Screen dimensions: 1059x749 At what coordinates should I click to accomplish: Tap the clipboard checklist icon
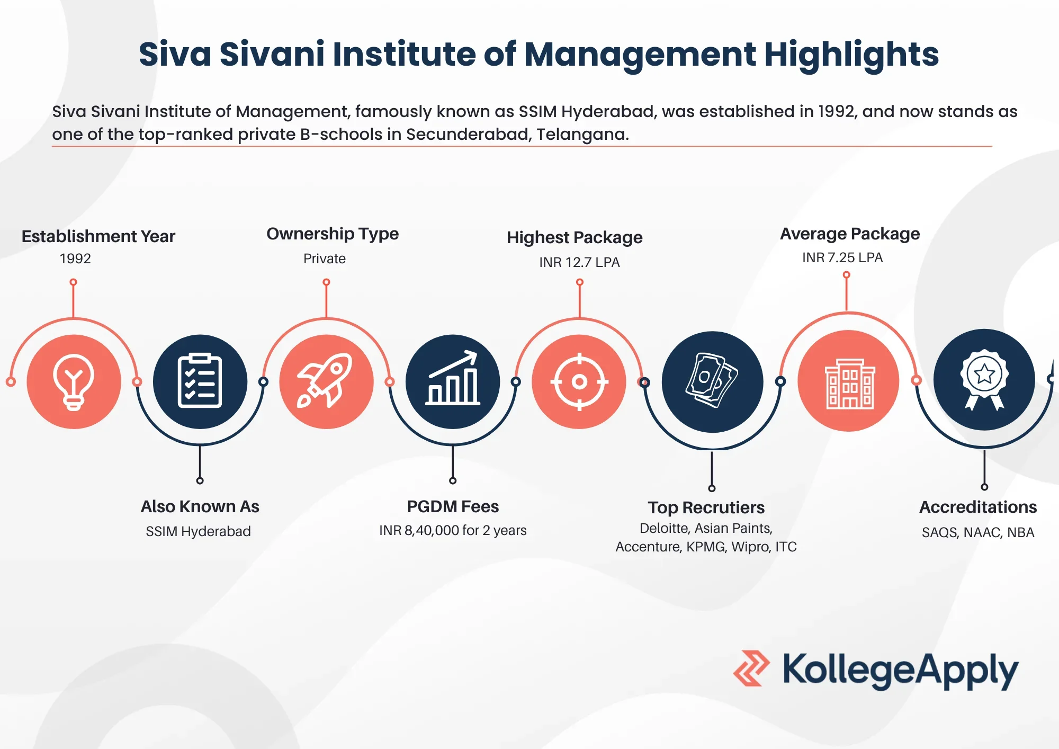[200, 380]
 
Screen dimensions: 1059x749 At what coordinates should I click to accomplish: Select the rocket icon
[325, 380]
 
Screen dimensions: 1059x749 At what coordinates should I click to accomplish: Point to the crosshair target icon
[579, 381]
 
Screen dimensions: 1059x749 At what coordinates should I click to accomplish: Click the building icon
[850, 384]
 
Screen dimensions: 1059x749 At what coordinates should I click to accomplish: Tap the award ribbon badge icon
[984, 379]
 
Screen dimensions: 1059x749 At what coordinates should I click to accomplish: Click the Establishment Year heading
[98, 236]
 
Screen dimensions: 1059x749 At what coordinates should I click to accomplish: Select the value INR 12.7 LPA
[579, 262]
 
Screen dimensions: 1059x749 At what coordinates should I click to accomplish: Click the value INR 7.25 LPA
[842, 257]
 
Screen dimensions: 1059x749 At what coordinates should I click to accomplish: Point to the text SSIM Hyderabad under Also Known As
[198, 531]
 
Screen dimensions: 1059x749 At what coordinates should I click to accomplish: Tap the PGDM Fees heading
[453, 506]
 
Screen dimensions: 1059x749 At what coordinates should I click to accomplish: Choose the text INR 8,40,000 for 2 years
[453, 530]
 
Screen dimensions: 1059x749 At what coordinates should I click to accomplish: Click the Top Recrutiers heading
[706, 507]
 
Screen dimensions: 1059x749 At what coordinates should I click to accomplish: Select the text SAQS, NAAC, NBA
[978, 532]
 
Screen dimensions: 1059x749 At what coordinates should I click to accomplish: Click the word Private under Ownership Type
[325, 258]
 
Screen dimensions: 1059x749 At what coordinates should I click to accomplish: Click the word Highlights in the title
[851, 55]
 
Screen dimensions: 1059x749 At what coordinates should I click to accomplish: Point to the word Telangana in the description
[582, 135]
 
